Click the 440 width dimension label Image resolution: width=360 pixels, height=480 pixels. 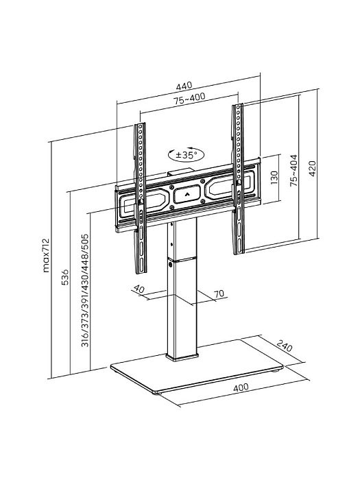point(184,86)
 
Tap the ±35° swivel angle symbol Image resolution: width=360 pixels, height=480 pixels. point(186,154)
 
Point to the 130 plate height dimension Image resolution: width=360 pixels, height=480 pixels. point(274,178)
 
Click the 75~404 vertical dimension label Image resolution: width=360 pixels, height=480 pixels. point(293,171)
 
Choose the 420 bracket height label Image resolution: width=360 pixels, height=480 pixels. point(312,169)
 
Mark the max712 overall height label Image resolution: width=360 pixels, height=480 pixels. point(46,255)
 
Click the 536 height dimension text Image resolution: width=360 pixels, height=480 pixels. point(64,277)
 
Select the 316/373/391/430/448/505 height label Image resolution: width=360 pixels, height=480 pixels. point(85,290)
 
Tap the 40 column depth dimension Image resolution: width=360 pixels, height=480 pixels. point(139,289)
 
